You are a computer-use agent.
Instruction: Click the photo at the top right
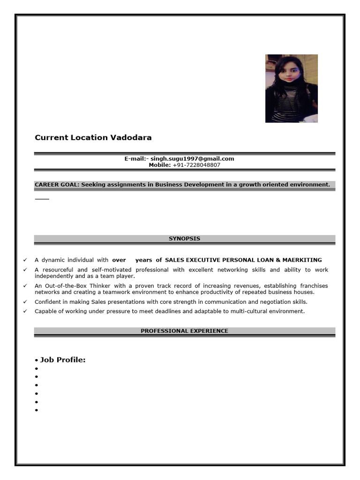pos(291,89)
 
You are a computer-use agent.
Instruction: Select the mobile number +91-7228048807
pos(196,165)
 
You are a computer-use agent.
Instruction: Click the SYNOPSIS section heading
pos(184,239)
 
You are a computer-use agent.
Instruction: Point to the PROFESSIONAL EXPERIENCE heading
pos(184,331)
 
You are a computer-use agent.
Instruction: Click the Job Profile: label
pos(63,360)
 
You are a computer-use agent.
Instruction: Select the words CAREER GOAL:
pos(57,185)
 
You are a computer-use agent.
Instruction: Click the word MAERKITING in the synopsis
pos(304,260)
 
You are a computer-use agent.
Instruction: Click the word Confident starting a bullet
pos(48,302)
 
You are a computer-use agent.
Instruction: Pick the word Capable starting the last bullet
pos(46,311)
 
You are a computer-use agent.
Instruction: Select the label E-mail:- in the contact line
pos(136,158)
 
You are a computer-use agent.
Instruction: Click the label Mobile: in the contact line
pos(160,165)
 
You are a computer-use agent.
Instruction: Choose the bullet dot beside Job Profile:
pos(36,360)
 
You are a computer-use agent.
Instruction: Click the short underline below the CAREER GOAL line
pos(42,199)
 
